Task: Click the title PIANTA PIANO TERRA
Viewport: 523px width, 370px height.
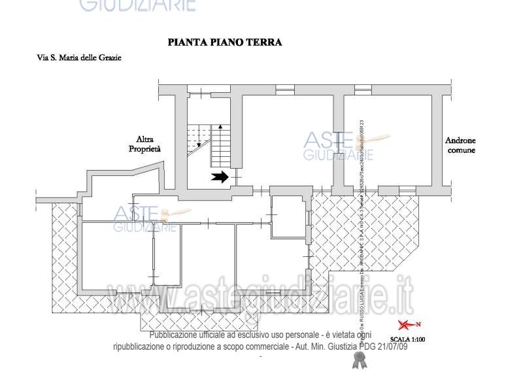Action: tap(225, 42)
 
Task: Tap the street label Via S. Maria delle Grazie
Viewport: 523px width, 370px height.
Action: tap(79, 58)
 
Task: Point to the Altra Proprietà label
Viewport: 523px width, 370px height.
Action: tap(144, 144)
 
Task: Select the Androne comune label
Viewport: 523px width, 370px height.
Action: tap(460, 145)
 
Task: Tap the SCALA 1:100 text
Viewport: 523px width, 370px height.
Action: tap(409, 339)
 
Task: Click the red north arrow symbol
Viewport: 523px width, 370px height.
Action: tap(409, 325)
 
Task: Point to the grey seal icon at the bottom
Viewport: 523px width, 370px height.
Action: tap(358, 358)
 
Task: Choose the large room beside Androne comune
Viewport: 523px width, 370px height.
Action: tap(388, 141)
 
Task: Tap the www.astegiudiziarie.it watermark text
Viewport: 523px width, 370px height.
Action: tap(261, 304)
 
